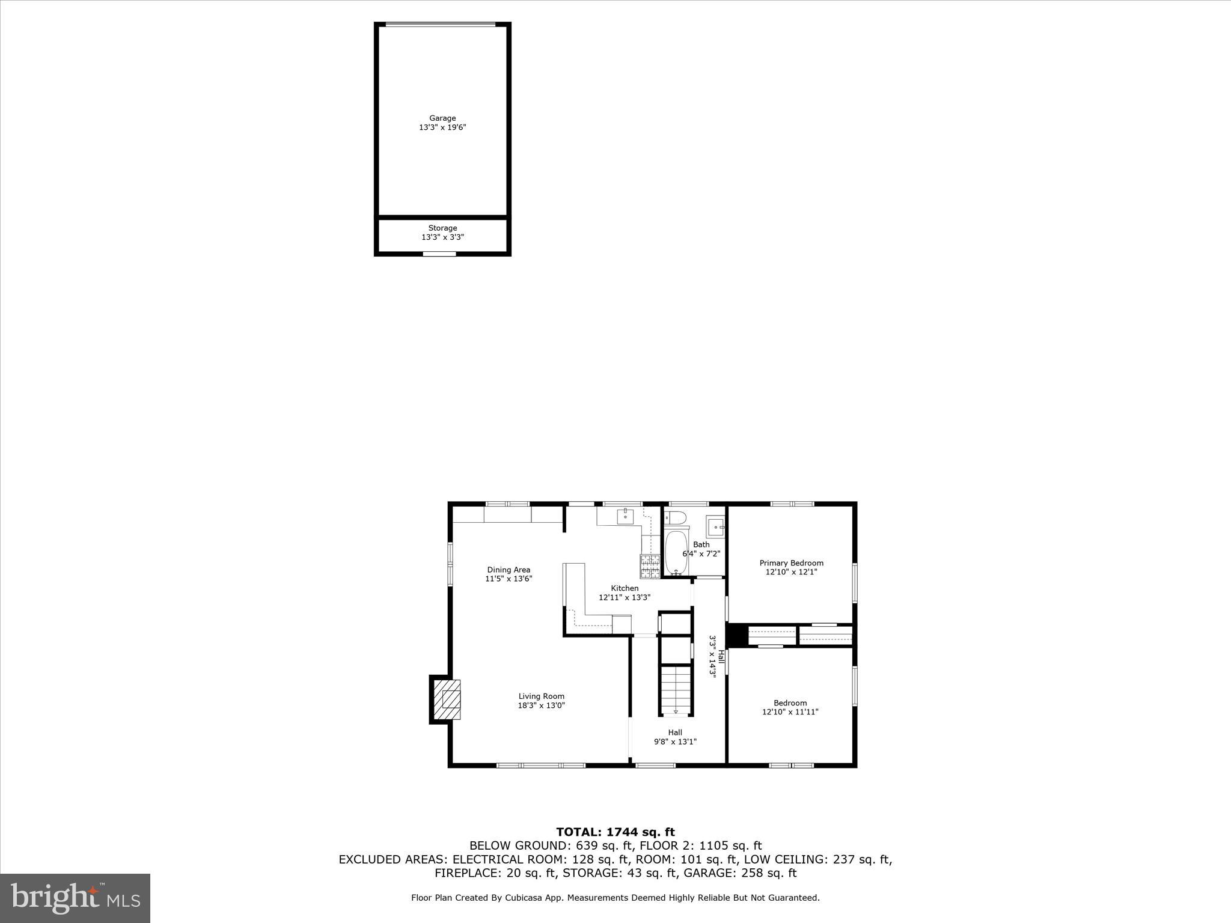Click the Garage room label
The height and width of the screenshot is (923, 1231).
[442, 118]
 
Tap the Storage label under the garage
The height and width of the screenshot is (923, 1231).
[442, 228]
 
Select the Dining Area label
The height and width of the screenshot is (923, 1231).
[509, 570]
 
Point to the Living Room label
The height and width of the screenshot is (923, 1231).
[541, 696]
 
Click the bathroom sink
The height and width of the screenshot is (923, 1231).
[715, 527]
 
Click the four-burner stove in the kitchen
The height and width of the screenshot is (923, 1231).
[650, 565]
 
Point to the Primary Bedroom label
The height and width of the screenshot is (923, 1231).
[791, 563]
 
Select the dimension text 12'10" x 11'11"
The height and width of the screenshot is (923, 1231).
[790, 712]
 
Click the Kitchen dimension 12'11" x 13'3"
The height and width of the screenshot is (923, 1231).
[625, 597]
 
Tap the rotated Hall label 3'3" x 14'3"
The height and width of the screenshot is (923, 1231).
[716, 656]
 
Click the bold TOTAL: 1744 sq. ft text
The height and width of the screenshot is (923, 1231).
[615, 832]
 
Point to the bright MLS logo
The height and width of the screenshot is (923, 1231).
[75, 898]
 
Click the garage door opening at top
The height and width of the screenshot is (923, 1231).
[441, 25]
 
